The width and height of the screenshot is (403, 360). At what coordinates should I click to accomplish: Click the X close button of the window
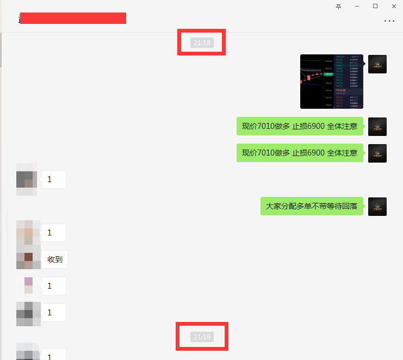394,6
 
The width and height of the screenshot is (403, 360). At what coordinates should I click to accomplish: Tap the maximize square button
375,6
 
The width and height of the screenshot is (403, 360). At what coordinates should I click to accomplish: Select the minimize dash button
357,6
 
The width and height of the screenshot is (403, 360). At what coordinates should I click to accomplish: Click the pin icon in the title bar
338,6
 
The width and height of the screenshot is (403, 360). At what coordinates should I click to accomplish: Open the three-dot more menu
389,21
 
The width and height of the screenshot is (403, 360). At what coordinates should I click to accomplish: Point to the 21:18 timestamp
202,42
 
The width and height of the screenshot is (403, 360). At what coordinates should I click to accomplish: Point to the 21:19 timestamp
202,337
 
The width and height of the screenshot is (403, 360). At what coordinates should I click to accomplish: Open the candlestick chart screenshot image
332,82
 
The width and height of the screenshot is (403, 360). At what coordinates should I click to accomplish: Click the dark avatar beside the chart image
377,64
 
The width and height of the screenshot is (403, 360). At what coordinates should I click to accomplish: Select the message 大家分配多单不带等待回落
312,206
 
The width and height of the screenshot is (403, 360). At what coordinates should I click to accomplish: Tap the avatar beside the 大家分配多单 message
377,207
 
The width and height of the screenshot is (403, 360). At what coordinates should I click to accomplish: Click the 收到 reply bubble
55,259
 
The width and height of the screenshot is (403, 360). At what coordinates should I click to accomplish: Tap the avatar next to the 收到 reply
28,260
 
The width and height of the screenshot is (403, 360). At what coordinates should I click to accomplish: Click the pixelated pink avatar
28,285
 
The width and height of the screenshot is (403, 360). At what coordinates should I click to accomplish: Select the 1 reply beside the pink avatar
54,285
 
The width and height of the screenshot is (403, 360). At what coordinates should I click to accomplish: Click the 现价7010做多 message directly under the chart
300,126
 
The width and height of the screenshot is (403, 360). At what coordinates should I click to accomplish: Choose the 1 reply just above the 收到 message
54,233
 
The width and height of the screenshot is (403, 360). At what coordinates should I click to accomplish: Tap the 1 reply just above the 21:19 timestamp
54,313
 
